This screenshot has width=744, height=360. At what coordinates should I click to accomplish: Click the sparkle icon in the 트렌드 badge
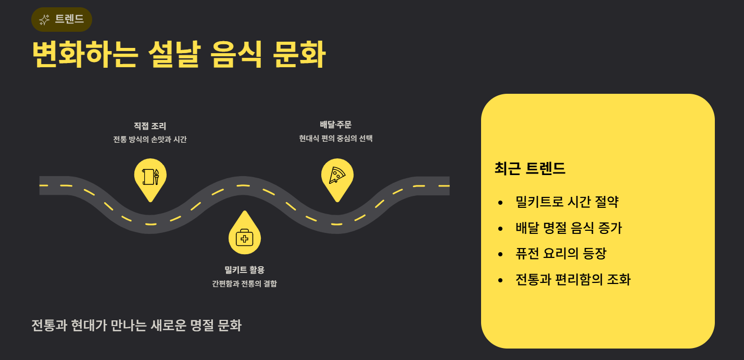coord(44,20)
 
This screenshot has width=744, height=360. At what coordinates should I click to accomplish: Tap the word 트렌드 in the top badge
coord(69,20)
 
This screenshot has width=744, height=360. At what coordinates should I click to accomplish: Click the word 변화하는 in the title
coord(84,54)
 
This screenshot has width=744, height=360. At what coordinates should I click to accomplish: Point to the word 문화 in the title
coord(299,54)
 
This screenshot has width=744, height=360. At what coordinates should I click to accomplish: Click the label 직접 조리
coord(150,126)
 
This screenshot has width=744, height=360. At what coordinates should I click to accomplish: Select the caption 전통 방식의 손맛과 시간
coord(150,140)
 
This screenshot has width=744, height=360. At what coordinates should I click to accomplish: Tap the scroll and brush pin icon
coord(150,176)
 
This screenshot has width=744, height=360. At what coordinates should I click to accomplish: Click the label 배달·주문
coord(336,125)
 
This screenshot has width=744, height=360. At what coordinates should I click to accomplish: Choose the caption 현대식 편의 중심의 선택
coord(336,139)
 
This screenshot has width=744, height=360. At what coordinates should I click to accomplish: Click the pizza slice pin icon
coord(337,176)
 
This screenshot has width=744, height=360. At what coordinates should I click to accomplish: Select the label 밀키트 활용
coord(244,270)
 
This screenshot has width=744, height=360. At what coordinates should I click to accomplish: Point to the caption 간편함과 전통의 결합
coord(244,284)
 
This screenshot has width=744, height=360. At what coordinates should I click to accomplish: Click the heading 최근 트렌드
coord(529,169)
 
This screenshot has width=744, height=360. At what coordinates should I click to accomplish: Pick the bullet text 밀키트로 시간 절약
coord(566,202)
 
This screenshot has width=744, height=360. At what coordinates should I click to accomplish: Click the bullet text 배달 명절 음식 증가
coord(569,228)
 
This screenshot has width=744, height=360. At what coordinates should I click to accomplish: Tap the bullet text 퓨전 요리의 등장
coord(561,254)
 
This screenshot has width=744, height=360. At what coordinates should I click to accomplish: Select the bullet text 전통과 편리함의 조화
coord(573,280)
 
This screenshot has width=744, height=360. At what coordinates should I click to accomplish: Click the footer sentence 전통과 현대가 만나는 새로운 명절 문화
coord(136,326)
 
